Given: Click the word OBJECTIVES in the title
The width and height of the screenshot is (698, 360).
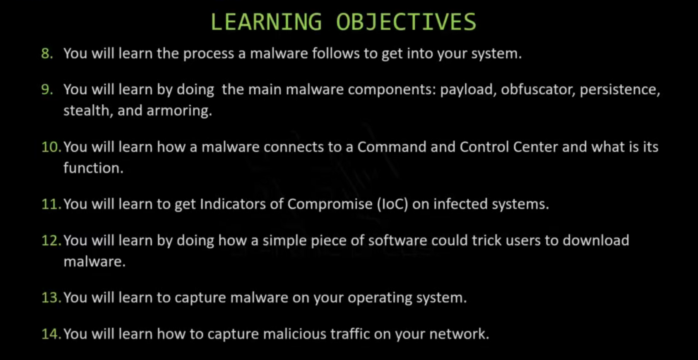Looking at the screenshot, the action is (x=406, y=22).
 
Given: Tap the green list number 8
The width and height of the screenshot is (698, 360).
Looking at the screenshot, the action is (x=47, y=53).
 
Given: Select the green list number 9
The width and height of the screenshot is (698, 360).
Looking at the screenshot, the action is (x=47, y=90).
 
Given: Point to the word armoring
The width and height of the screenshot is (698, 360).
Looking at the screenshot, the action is (x=179, y=111).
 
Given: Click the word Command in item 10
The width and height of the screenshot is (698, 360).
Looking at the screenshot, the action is (x=392, y=147).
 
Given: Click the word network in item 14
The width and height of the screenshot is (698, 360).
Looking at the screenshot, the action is (x=459, y=334).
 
